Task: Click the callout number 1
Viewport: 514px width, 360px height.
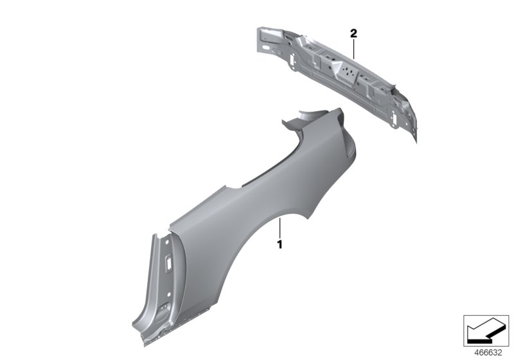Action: coord(279,245)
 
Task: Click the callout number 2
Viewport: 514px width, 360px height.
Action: coord(353,32)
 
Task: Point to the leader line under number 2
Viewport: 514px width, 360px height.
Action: coord(353,48)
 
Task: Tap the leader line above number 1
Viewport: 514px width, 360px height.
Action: coord(280,228)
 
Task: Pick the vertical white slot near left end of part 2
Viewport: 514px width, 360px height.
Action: coord(293,57)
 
